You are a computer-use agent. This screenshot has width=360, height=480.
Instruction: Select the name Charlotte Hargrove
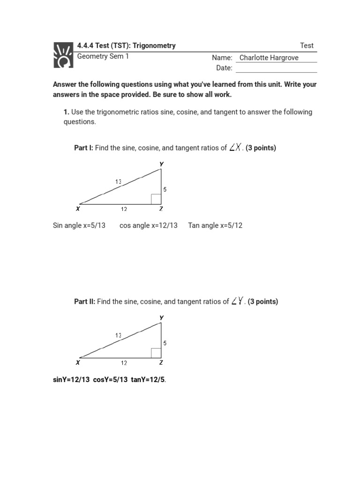[269, 58]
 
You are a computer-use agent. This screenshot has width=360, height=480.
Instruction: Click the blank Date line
[276, 68]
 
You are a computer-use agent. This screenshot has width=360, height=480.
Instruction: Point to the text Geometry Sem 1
[103, 56]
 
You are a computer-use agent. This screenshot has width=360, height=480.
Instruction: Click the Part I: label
[83, 148]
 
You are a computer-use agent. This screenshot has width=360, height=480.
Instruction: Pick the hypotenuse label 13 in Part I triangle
[119, 181]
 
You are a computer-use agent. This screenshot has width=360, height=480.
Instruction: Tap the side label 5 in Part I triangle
[165, 189]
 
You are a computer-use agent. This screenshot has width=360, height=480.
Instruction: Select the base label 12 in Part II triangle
[124, 363]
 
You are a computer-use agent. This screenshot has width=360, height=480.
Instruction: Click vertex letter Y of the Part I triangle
[161, 164]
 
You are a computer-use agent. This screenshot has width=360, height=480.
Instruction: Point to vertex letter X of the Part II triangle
[78, 362]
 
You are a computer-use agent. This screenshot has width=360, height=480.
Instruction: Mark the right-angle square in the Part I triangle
[156, 199]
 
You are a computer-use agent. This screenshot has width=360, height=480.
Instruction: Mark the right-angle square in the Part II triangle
[156, 352]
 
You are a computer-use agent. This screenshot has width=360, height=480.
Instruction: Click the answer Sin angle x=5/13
[79, 225]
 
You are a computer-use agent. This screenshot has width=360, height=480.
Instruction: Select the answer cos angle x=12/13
[149, 225]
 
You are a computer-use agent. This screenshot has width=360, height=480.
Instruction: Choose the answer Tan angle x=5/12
[215, 225]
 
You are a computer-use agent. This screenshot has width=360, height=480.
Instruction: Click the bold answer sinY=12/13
[71, 379]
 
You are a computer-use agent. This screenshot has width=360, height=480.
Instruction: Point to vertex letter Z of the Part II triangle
[161, 362]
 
